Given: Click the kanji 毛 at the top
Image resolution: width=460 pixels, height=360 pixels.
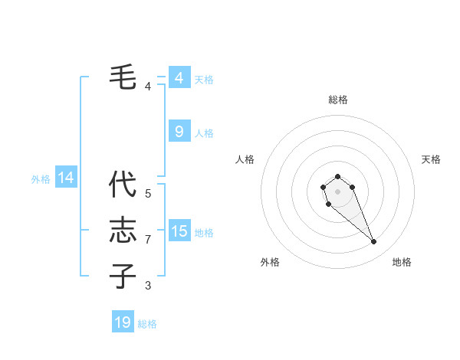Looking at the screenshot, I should pos(123,77).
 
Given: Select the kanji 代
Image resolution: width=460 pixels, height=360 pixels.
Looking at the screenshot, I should pos(123,185).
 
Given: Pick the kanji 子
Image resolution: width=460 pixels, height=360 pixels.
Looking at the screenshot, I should pos(123,275).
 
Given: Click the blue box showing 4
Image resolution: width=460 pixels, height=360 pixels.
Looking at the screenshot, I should pos(179,78).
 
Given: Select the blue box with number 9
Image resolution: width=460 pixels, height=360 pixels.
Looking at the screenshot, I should pos(179,132).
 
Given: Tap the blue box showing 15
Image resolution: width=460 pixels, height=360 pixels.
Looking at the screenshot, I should pos(179,231).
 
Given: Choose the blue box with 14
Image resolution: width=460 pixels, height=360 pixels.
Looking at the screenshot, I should pos(66,178).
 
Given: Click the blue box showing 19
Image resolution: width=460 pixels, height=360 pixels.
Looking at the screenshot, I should pos(123,322).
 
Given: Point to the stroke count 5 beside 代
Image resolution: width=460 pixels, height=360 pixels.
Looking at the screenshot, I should pos(148,194).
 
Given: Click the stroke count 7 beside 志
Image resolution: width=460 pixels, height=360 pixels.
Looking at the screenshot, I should pos(148,240).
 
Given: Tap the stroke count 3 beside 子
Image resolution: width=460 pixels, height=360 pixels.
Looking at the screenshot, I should pos(148,286).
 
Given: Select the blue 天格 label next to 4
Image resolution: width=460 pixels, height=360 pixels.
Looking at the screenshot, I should pos(204,80).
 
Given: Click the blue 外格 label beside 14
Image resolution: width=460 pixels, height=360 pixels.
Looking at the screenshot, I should pos(41,179).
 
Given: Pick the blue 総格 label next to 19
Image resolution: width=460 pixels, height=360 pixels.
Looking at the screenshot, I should pos(147,324).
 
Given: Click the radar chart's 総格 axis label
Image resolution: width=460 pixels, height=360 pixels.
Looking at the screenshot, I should pos(337,100).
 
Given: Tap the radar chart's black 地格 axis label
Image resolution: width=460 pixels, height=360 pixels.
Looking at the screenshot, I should pos(402,262).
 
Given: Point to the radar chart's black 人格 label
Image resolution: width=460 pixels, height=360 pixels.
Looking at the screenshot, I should pos(245,159).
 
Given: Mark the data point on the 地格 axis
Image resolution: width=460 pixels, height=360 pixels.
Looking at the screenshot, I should pos(374,242).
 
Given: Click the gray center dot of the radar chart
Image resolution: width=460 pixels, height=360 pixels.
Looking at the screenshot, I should pos(337,191).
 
